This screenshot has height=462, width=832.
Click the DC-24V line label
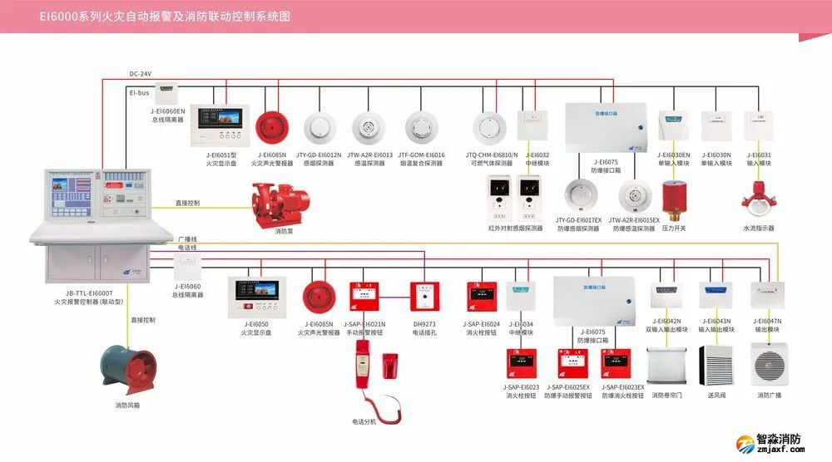[141, 73]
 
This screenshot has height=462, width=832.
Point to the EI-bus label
[139, 93]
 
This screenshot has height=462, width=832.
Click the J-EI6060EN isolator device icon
[168, 88]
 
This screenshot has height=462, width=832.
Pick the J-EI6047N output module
[768, 296]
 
